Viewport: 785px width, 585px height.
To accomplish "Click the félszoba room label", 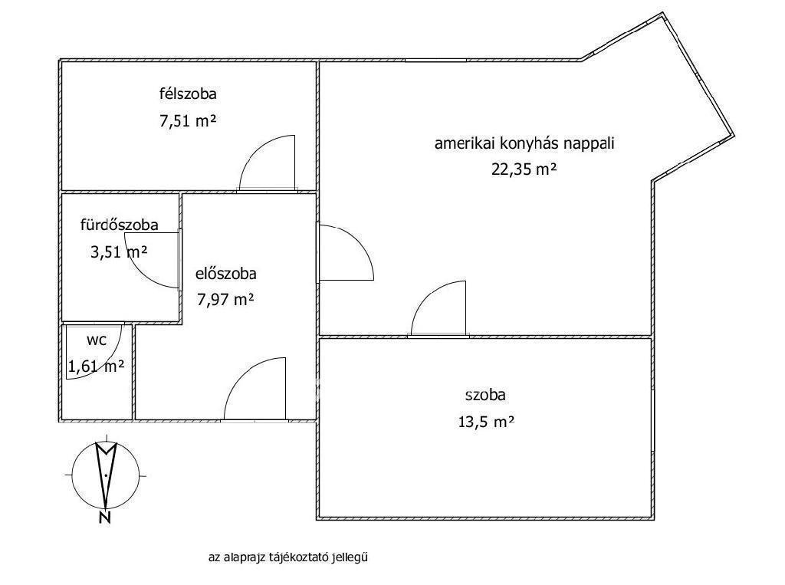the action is click(x=188, y=94).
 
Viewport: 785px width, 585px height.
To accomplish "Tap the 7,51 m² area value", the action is click(x=188, y=120).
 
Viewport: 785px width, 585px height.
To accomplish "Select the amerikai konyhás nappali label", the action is click(x=524, y=143).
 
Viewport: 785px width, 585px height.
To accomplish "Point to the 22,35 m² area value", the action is click(x=524, y=169).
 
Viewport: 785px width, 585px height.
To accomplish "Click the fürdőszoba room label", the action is click(x=119, y=225).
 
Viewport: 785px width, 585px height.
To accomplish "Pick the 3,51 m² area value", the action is click(x=119, y=251).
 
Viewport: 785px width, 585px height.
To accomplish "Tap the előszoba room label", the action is click(x=226, y=274).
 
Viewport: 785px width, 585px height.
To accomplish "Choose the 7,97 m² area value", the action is click(x=226, y=300).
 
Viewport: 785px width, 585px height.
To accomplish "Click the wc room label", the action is click(x=97, y=340).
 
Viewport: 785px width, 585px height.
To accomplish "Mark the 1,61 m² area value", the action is click(x=96, y=366).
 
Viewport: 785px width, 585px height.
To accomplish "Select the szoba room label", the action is click(x=485, y=395).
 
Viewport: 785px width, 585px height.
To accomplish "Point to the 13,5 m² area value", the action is click(x=486, y=422).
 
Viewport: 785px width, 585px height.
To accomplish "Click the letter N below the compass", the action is click(x=104, y=518).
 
